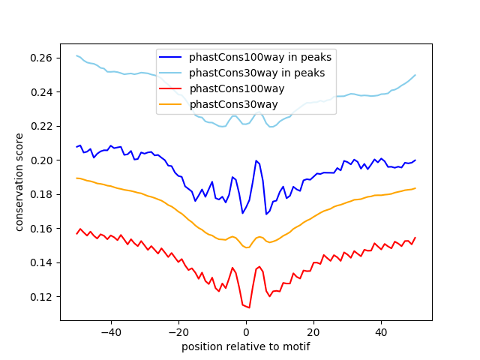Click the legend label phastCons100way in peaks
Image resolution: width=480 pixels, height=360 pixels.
[260, 56]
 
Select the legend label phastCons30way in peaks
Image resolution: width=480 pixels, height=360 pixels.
[256, 73]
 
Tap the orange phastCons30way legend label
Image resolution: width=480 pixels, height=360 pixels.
[233, 104]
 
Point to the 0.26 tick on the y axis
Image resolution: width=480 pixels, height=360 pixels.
[43, 58]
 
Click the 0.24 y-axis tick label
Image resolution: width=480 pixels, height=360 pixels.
[43, 92]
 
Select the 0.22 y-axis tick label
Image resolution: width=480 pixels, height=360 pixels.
[43, 126]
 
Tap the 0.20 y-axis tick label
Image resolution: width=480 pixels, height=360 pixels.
[43, 160]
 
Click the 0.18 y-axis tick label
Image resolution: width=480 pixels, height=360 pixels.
[43, 194]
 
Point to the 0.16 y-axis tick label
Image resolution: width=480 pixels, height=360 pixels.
[43, 229]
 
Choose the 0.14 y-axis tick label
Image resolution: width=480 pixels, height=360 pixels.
[43, 262]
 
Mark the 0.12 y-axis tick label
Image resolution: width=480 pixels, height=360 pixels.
[43, 297]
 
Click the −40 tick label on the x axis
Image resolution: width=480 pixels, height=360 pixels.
[110, 331]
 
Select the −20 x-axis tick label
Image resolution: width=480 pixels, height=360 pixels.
[178, 331]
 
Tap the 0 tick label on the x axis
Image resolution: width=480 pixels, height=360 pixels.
[246, 331]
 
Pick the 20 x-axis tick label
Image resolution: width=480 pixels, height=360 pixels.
[313, 331]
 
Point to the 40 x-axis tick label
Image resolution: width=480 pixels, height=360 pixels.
[381, 331]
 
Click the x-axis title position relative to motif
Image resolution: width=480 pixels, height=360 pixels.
[246, 346]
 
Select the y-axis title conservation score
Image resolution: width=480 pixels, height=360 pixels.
[19, 182]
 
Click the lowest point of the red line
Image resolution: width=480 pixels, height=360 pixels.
[249, 307]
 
